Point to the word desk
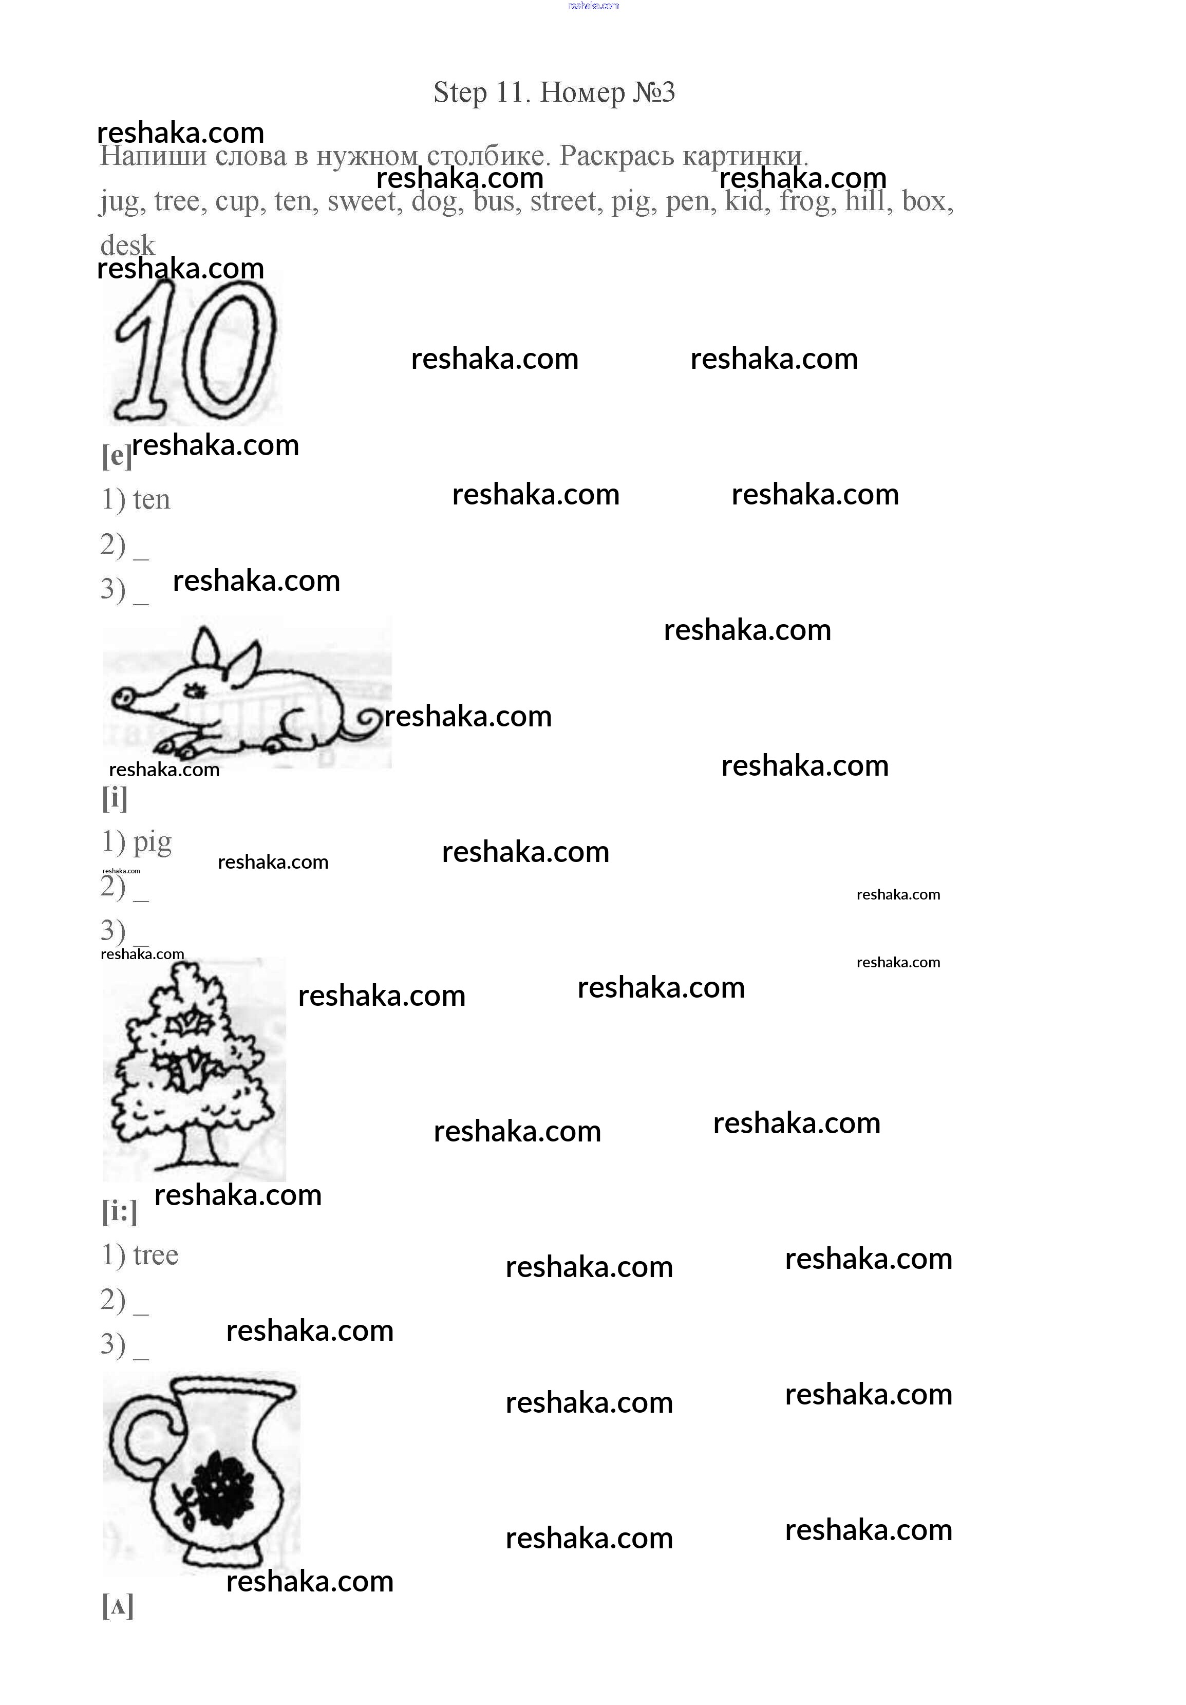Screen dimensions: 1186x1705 (128, 245)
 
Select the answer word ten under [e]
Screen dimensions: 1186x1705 (152, 500)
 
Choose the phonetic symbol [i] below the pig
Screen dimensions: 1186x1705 (115, 798)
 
